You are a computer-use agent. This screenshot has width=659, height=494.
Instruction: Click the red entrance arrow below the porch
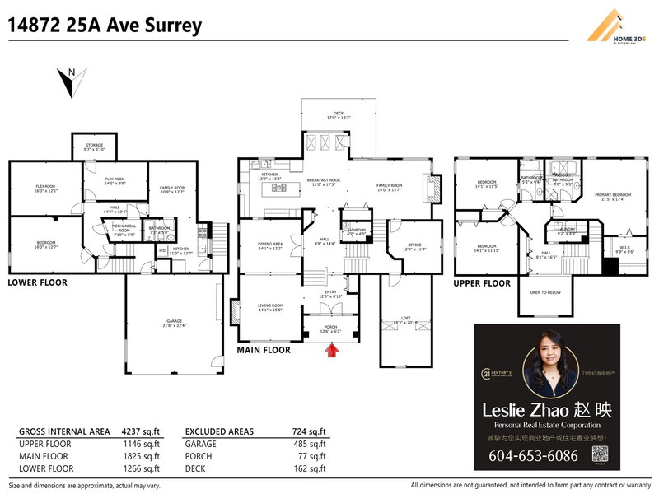[332, 352]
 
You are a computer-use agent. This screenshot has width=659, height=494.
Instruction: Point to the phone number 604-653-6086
[533, 456]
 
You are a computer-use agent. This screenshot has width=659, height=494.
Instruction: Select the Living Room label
[270, 308]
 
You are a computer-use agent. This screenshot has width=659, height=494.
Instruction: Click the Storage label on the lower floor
[94, 147]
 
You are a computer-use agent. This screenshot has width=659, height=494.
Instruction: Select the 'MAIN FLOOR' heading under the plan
[264, 350]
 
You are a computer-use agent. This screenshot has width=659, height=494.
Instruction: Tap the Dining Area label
[270, 245]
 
